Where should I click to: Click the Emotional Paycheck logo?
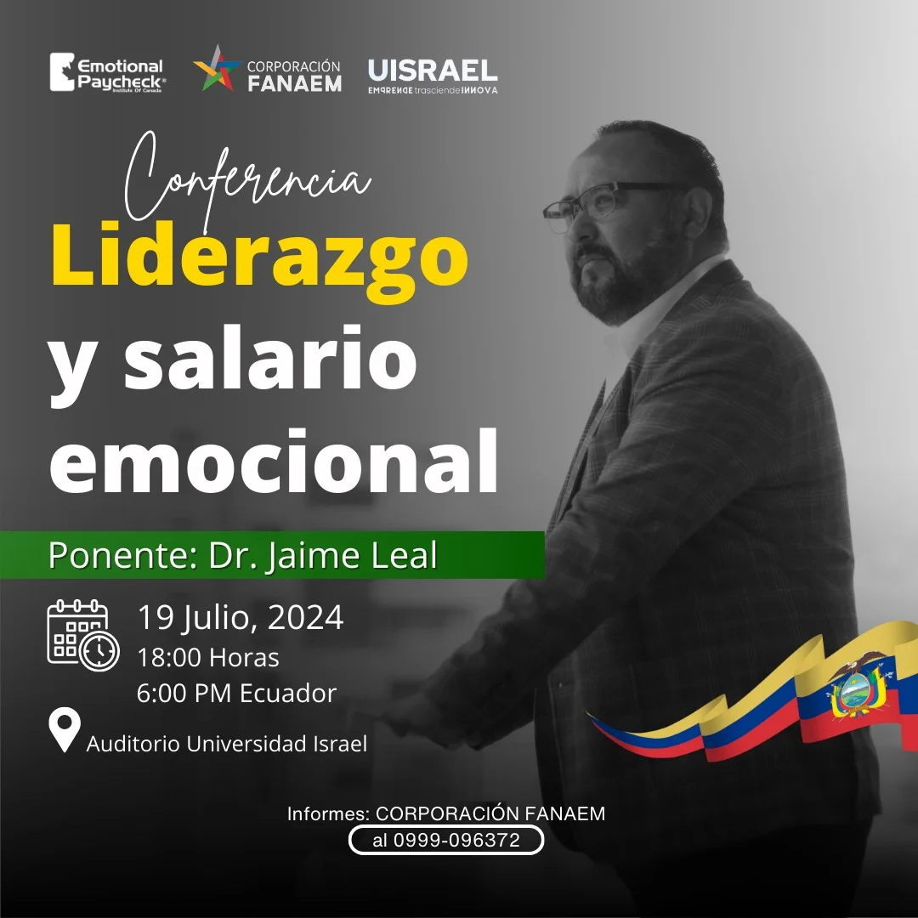coord(108,72)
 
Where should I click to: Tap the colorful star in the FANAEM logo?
coord(218,69)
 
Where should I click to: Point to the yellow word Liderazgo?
coord(260,258)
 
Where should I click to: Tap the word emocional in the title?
coord(274,461)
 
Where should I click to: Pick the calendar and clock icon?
coord(83,635)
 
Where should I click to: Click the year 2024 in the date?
coord(306,618)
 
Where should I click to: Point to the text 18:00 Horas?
coord(208,657)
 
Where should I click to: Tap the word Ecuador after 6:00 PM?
coord(288,694)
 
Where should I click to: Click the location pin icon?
coord(65,729)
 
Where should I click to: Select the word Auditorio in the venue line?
coord(133,744)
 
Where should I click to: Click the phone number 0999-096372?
coord(456,840)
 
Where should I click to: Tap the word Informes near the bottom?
coord(328,813)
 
